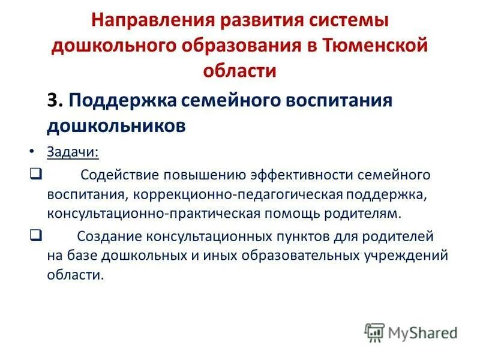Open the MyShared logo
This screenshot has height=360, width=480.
pyautogui.click(x=412, y=331)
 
